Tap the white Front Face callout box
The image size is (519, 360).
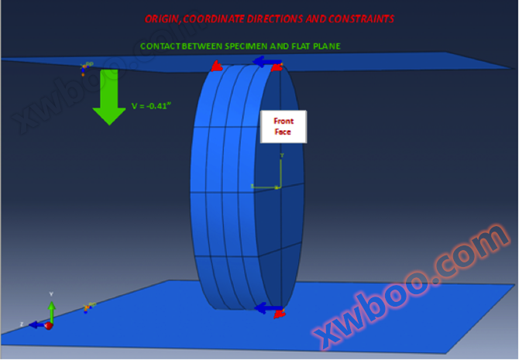click(x=283, y=126)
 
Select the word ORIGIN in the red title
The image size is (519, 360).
click(x=166, y=18)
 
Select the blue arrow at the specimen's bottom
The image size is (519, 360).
click(x=266, y=309)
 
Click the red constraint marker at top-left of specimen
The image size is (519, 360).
click(x=217, y=67)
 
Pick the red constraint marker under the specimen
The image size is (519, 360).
click(x=280, y=313)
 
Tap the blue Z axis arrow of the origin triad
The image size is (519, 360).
click(x=36, y=325)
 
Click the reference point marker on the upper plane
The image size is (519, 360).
click(x=84, y=68)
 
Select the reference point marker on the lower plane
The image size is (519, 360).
click(x=88, y=307)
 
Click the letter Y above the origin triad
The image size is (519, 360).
click(x=51, y=294)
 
